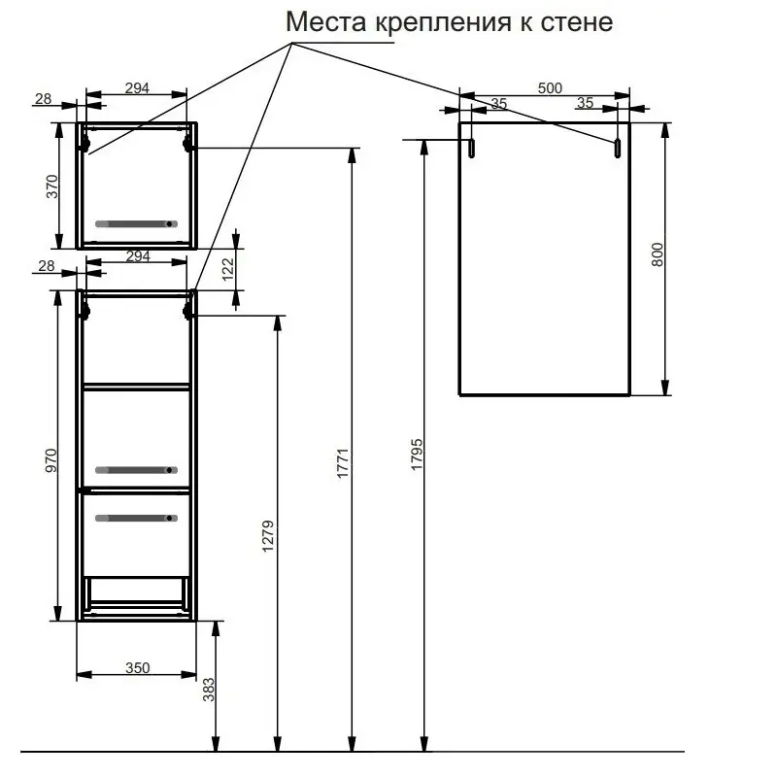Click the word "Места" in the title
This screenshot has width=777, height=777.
pos(326,21)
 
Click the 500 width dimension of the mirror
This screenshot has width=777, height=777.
pos(550,87)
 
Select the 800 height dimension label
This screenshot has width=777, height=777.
pos(658,254)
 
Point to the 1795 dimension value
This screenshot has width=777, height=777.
pos(417,454)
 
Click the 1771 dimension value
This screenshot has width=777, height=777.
pos(343,463)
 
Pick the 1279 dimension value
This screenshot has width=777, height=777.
pos(268,536)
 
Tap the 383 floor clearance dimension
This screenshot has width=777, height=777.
pos(209,690)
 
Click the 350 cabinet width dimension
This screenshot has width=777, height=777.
pos(137,668)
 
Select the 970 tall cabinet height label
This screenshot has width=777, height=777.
pos(51,460)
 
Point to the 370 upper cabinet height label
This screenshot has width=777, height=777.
pos(52,186)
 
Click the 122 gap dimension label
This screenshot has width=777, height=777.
pos(228,269)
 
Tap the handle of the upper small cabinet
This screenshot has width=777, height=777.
pos(136,224)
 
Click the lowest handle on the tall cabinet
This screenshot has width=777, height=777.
pos(136,519)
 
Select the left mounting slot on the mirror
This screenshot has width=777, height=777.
pos(472,149)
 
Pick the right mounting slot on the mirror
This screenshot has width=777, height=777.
pos(618,149)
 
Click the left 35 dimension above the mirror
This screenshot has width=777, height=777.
pos(499,104)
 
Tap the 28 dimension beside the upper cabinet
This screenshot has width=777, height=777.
pos(43,99)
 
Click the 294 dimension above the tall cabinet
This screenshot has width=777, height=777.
pos(138,256)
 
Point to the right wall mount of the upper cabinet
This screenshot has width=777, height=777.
pos(187,144)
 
